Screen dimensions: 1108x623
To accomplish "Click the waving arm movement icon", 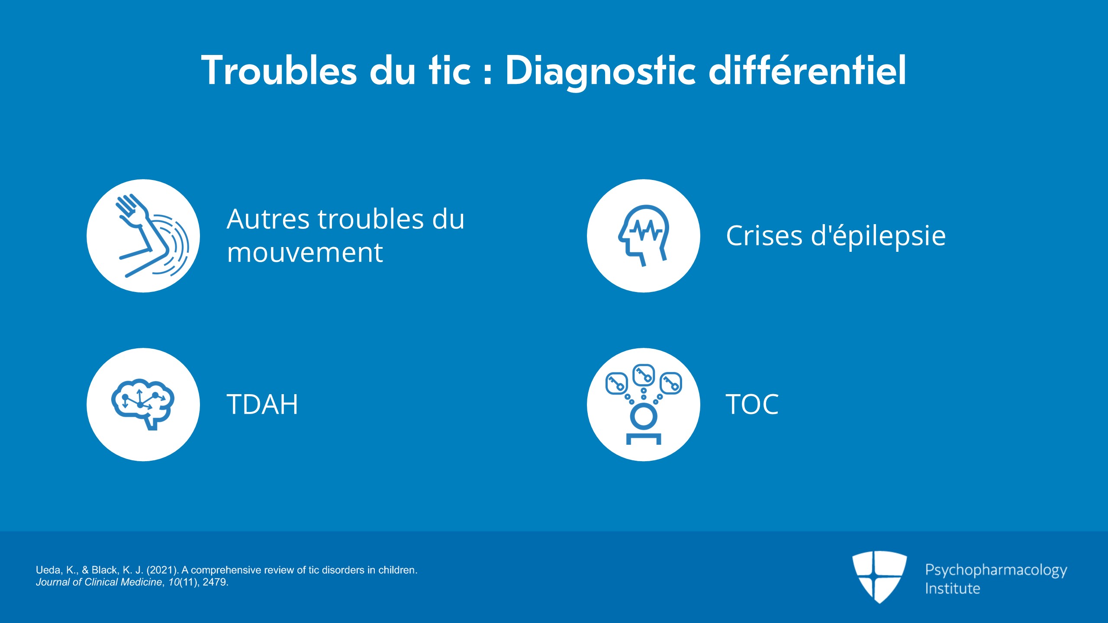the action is point(152,236).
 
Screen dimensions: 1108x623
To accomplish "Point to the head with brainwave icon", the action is point(644,235).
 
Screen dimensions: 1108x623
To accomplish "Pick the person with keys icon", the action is point(644,404).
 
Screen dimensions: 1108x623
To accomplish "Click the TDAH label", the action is point(262,405).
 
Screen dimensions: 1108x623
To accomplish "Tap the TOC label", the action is point(752,405).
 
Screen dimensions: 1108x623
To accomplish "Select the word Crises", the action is point(764,236).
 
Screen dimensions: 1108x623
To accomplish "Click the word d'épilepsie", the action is point(878,237).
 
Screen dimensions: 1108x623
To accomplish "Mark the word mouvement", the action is point(305,253).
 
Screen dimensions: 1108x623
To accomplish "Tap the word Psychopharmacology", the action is point(996,570).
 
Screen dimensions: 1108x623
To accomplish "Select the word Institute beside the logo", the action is point(952,588).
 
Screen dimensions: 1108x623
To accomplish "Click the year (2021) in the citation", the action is point(163,570).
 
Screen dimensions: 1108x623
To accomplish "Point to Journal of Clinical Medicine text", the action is point(99,582).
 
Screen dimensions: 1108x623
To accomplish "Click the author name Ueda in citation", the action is point(48,570).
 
